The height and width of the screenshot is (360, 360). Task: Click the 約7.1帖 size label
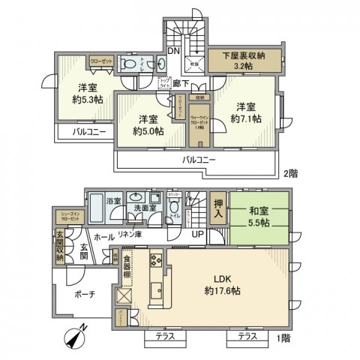pyautogui.click(x=245, y=118)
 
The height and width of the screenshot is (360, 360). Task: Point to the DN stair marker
pyautogui.click(x=172, y=51)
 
